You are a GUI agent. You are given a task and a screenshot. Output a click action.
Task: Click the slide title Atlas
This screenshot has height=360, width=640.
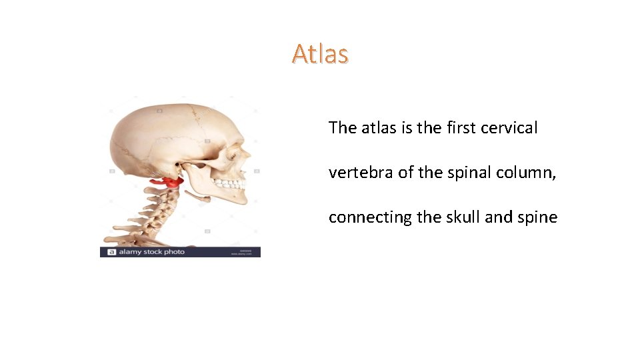(x=320, y=54)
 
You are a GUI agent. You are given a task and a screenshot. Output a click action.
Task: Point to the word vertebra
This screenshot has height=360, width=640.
(x=361, y=173)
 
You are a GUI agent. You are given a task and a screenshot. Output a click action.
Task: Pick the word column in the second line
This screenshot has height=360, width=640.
(x=524, y=173)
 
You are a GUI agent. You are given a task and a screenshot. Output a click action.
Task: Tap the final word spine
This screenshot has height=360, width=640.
(x=536, y=218)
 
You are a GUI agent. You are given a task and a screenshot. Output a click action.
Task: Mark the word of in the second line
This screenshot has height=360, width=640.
(x=406, y=173)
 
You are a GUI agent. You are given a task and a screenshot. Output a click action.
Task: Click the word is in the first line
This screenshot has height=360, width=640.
(x=407, y=128)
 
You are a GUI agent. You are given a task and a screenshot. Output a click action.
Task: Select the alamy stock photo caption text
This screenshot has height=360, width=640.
(x=151, y=252)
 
